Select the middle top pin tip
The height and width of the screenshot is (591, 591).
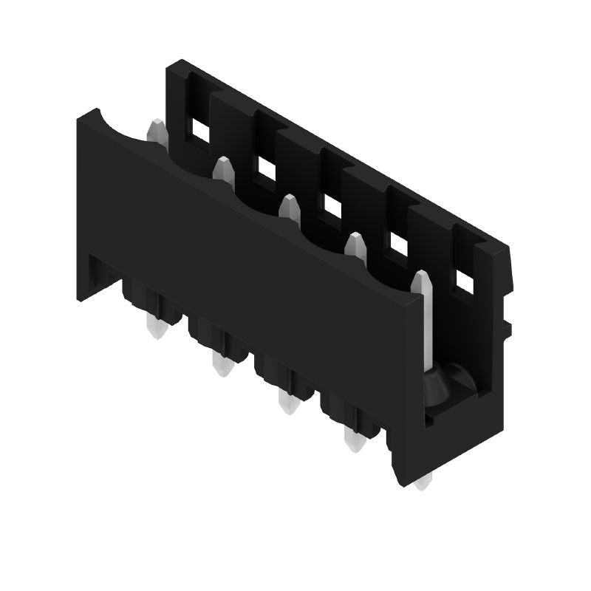click(289, 207)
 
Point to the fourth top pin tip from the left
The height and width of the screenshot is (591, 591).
click(356, 245)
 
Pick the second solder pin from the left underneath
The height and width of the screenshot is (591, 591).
click(219, 363)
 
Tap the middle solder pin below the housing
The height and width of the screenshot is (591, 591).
click(285, 402)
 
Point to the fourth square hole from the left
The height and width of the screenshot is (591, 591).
click(399, 244)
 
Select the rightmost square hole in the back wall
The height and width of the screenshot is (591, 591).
click(465, 281)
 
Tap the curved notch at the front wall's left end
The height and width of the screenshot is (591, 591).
click(122, 126)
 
